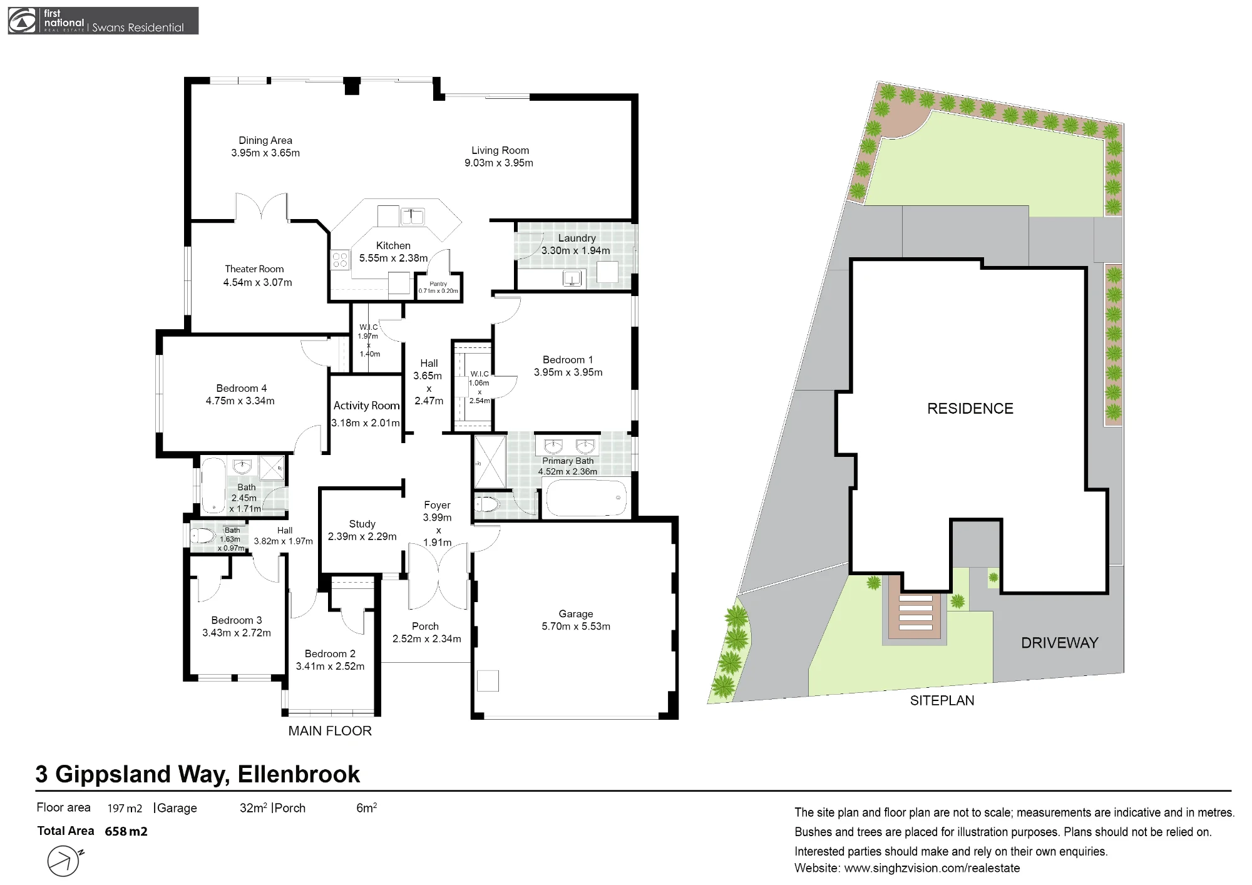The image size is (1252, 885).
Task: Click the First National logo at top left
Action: pyautogui.click(x=103, y=21)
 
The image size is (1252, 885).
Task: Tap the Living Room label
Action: pyautogui.click(x=500, y=150)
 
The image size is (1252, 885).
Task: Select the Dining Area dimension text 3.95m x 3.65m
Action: pyautogui.click(x=265, y=153)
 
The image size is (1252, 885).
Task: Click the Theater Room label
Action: pyautogui.click(x=254, y=269)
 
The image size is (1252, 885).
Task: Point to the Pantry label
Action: pyautogui.click(x=438, y=284)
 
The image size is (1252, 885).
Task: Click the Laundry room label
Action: pyautogui.click(x=577, y=238)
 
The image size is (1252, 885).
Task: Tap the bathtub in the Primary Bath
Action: pyautogui.click(x=587, y=498)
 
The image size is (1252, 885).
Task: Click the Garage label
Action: pyautogui.click(x=576, y=614)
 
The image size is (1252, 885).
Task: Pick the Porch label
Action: pyautogui.click(x=425, y=626)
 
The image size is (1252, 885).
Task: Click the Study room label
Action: pyautogui.click(x=362, y=524)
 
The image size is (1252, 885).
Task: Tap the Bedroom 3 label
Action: pyautogui.click(x=237, y=620)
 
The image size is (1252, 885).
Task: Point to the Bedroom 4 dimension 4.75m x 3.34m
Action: pyautogui.click(x=240, y=401)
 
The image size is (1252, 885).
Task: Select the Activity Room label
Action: pyautogui.click(x=366, y=406)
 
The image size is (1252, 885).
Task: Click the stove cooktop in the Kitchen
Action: pyautogui.click(x=340, y=260)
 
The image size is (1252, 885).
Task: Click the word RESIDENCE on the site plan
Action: pyautogui.click(x=970, y=409)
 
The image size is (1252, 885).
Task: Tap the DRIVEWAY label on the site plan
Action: pyautogui.click(x=1060, y=643)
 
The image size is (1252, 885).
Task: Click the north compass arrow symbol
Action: pyautogui.click(x=64, y=861)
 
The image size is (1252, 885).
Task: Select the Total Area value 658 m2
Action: pyautogui.click(x=126, y=831)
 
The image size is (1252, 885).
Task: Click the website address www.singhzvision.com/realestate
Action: pyautogui.click(x=932, y=868)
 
